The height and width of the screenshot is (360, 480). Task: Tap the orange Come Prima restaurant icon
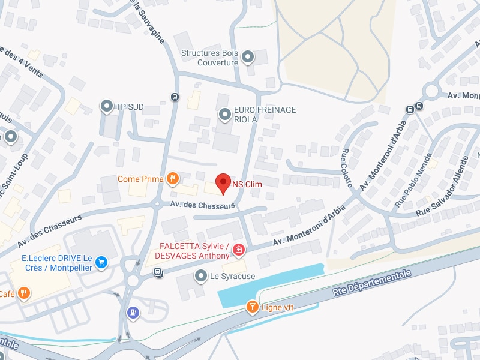click(173, 178)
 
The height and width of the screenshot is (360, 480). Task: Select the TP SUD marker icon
click(107, 107)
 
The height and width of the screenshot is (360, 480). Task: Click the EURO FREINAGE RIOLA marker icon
click(225, 113)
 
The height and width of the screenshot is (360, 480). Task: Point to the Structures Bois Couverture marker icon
click(247, 58)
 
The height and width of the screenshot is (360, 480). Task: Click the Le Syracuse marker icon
click(201, 276)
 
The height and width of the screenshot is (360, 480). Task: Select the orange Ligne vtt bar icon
click(253, 308)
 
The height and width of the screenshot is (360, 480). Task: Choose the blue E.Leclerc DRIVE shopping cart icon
click(101, 262)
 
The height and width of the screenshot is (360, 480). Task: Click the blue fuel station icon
click(133, 312)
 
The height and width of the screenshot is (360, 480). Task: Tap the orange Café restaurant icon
click(23, 293)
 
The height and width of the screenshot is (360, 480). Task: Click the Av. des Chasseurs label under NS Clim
click(202, 205)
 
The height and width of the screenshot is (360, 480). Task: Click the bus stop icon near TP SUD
click(175, 97)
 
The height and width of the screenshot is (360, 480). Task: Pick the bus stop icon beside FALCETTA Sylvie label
click(157, 272)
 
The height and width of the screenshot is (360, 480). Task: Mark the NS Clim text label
click(247, 184)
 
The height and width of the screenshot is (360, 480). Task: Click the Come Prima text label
click(140, 179)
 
